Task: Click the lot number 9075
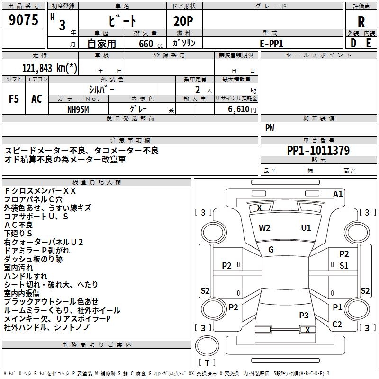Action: coord(23,21)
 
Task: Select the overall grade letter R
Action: coord(361,22)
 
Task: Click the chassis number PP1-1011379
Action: coord(318,151)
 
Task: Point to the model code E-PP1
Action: coord(272,43)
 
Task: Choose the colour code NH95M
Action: coord(78,108)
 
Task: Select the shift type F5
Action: coord(14,99)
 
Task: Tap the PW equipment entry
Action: coord(270,128)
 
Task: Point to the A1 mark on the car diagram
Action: coord(338,194)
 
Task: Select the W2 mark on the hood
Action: coord(264,227)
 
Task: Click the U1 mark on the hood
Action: coord(306,227)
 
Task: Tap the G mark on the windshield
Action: coord(271,250)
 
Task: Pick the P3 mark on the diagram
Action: coord(304,315)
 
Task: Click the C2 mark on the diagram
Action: coord(337,324)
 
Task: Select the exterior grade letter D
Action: coord(353,43)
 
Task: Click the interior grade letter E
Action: coord(369,43)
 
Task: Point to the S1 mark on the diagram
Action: coord(344,266)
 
